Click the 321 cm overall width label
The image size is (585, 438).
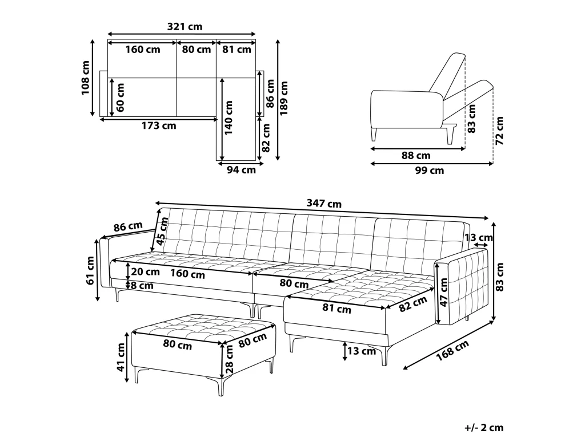pos(185,27)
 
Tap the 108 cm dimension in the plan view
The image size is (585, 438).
pos(86,78)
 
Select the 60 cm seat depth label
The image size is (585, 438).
pos(120,98)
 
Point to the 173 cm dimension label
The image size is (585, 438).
pos(159,126)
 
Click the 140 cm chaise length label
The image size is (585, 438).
pos(229,117)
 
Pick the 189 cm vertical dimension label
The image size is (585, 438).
pos(285,98)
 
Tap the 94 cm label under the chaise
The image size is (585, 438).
pos(242,170)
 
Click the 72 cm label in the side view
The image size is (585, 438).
pos(499,131)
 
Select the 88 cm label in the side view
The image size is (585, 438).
pos(416,155)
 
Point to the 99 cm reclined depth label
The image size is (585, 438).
pos(430,171)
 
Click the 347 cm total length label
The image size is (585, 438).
pos(324,204)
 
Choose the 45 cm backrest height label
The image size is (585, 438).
pos(162,233)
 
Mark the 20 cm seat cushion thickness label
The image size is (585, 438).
pos(146,271)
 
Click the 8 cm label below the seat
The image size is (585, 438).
pos(142,286)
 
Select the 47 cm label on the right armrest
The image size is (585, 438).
pos(443,293)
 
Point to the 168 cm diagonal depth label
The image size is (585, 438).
pos(452,351)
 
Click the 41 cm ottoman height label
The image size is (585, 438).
pos(121,357)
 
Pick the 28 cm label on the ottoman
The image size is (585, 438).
pos(230,359)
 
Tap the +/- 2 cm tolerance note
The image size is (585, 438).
pos(484,428)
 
